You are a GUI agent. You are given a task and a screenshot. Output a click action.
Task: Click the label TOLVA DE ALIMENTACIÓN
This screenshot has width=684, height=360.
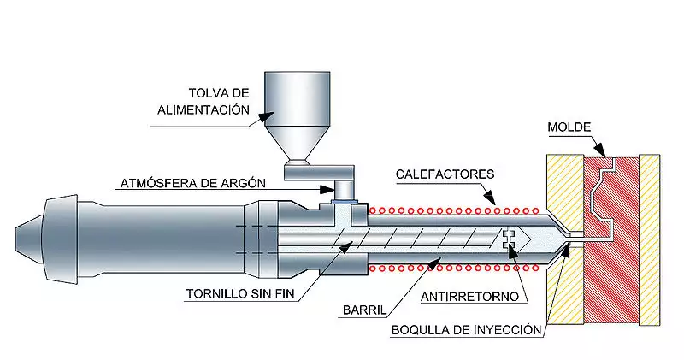click(203, 101)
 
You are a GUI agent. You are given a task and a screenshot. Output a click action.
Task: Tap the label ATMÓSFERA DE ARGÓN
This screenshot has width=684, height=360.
click(193, 183)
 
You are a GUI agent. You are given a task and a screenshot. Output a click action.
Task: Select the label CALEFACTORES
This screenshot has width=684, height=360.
click(445, 174)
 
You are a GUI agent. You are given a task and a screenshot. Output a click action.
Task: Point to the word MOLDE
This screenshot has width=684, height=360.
click(569, 127)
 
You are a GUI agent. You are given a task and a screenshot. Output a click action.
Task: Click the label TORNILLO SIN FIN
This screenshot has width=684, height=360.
click(240, 293)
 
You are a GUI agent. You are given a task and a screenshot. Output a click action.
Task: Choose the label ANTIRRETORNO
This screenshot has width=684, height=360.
click(469, 298)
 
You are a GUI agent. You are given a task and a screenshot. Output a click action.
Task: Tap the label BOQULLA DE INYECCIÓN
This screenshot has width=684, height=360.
click(466, 330)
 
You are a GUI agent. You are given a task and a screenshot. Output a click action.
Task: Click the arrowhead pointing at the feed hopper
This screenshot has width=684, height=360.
click(266, 115)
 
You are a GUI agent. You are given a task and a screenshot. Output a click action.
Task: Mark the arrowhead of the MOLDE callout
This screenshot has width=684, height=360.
click(600, 150)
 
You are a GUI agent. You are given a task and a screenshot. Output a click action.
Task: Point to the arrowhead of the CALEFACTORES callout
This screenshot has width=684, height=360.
click(490, 198)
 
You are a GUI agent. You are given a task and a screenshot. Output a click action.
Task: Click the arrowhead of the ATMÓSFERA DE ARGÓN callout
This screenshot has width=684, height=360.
click(327, 190)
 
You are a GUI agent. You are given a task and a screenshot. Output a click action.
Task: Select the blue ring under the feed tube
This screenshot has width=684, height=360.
click(345, 201)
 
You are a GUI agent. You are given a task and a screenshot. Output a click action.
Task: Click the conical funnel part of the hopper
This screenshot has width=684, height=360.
click(298, 143)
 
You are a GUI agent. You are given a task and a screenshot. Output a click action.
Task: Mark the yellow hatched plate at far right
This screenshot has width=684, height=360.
click(650, 239)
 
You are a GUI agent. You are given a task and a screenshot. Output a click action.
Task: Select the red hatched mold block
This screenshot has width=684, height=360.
click(610, 240)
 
